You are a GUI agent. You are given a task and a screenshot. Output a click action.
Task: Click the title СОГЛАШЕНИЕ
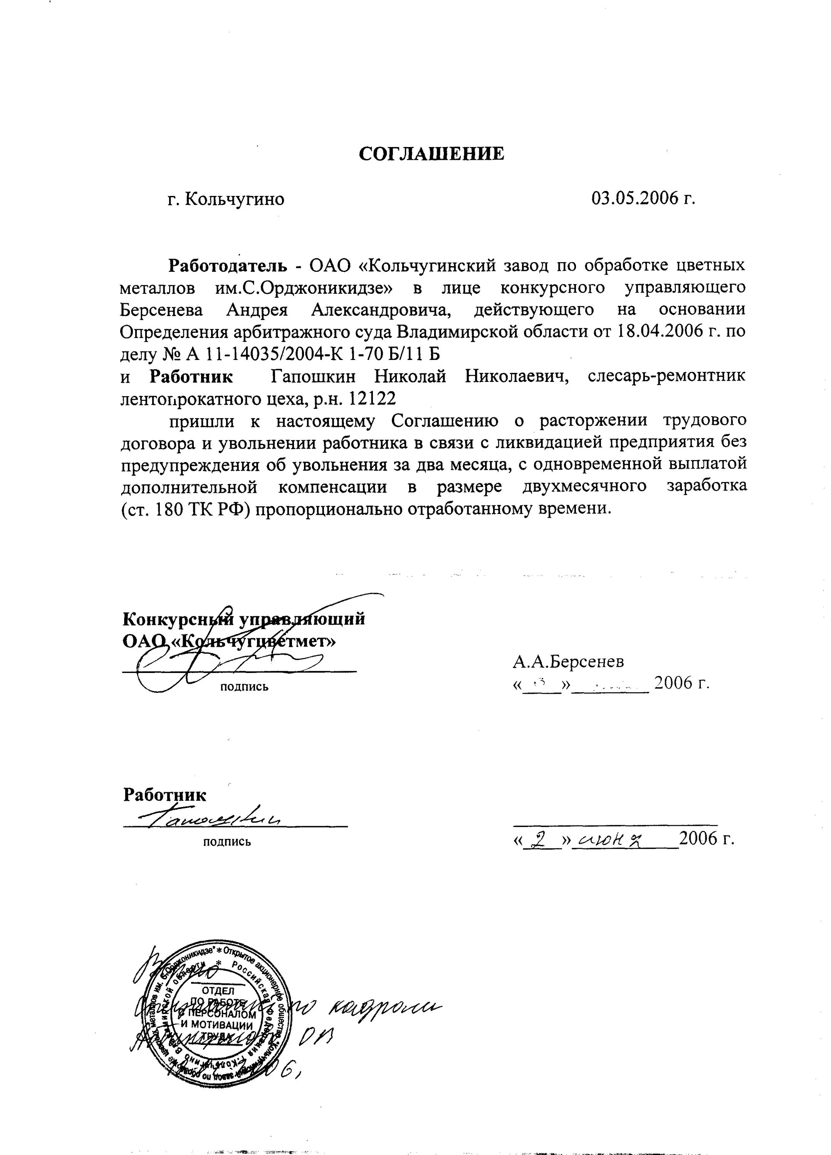(431, 153)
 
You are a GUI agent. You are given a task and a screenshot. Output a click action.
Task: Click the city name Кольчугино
(234, 199)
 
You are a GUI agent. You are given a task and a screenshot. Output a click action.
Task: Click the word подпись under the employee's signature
(227, 842)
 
